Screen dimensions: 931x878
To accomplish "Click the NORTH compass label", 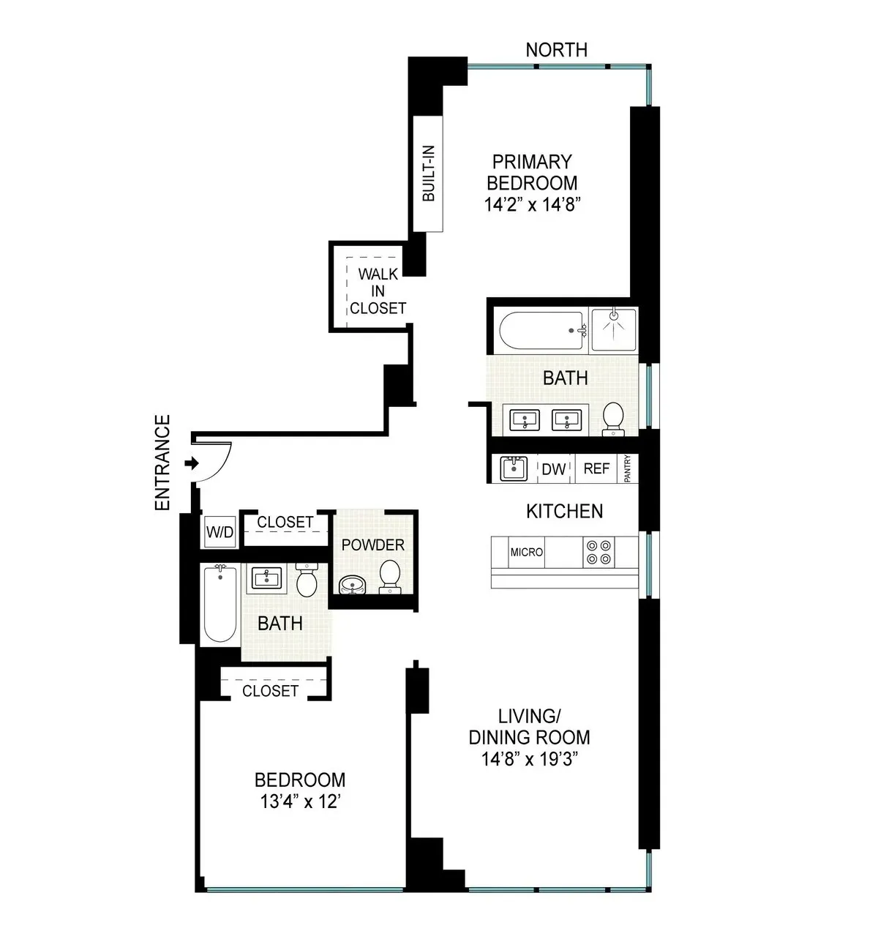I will click(x=556, y=50).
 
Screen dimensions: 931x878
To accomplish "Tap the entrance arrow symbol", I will click(x=192, y=463).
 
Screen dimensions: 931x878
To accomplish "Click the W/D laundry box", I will click(x=219, y=532).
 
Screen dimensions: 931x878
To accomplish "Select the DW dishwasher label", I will click(x=554, y=469).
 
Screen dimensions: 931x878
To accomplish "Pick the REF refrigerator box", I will click(x=596, y=468).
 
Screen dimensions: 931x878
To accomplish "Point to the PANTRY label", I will click(x=628, y=469).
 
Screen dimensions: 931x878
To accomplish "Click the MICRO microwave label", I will click(x=527, y=552).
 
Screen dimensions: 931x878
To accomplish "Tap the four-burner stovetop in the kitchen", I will click(x=599, y=553).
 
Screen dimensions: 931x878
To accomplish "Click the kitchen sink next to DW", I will click(x=514, y=468).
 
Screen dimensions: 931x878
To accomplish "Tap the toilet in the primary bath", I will click(x=612, y=418).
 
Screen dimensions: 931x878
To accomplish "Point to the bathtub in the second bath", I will click(x=219, y=604).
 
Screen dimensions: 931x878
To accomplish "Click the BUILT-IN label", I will click(x=429, y=173).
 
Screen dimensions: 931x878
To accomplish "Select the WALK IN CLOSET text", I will click(x=378, y=291).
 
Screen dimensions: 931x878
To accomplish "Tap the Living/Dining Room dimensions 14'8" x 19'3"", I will click(x=530, y=760).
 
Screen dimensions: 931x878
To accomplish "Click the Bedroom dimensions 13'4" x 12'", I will click(x=300, y=802).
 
